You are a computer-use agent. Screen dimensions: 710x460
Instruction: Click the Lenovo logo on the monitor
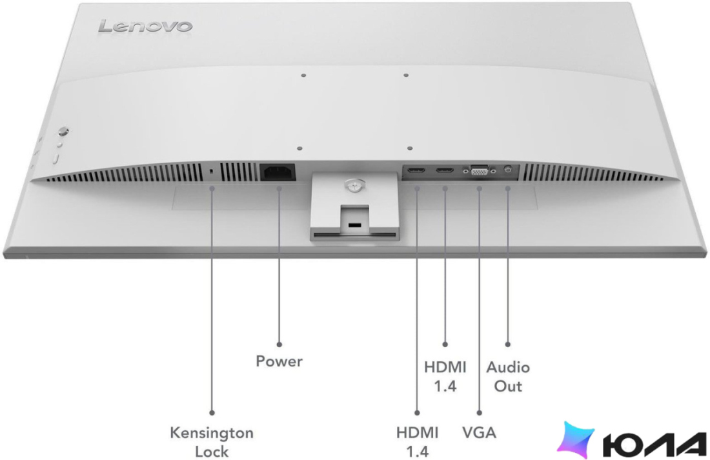point(145,26)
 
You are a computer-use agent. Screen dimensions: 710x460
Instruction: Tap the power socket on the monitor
point(278,172)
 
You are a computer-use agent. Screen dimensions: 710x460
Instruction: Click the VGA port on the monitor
point(480,171)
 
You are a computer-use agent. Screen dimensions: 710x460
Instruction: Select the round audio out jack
point(507,169)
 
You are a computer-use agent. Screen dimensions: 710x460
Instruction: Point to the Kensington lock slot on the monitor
point(212,171)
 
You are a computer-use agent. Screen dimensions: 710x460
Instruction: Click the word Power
point(279,361)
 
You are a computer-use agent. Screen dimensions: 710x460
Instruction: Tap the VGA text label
point(479,432)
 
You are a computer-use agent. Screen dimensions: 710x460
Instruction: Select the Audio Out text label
point(508,377)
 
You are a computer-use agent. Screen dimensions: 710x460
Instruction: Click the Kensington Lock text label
point(212,442)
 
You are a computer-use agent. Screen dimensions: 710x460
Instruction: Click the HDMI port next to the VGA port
point(445,171)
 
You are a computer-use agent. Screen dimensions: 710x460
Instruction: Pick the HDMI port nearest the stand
point(416,171)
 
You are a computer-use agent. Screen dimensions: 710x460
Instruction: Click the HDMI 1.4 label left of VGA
point(417,442)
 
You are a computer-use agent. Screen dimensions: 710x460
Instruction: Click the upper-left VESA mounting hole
point(303,75)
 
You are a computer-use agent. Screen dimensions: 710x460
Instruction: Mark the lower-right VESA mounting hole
point(410,148)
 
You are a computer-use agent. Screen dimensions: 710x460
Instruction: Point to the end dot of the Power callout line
point(279,345)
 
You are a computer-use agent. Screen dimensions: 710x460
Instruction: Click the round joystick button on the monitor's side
point(63,132)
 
